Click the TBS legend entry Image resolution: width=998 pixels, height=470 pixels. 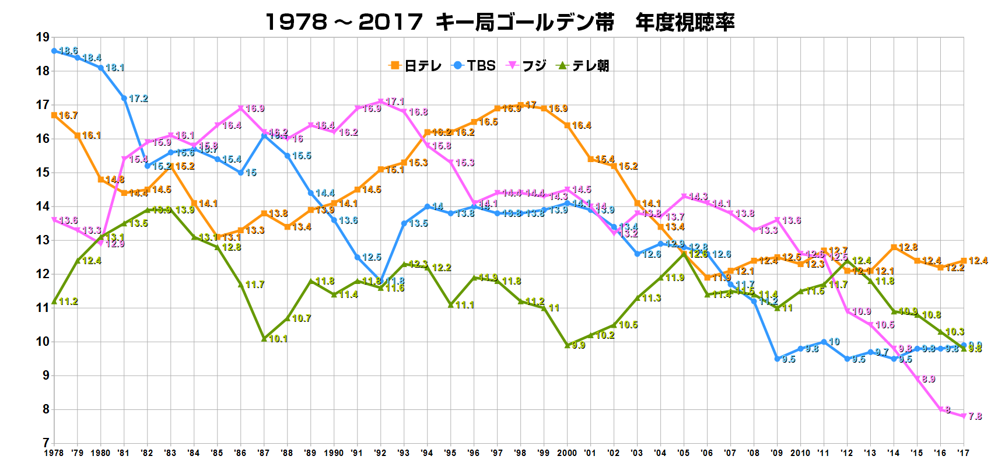tap(474, 66)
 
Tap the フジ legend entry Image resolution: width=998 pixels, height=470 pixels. tap(527, 66)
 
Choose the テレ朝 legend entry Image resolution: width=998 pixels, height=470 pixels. tap(584, 66)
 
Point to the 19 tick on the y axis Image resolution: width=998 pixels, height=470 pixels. tap(43, 37)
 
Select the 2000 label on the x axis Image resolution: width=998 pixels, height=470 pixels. tap(567, 453)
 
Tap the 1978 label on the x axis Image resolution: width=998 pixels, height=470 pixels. tap(54, 453)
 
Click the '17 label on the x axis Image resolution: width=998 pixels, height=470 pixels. tap(963, 453)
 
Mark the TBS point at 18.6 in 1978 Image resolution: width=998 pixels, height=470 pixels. tap(54, 51)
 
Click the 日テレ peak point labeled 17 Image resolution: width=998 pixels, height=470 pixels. tap(520, 106)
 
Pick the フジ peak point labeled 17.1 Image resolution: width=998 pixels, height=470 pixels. tap(380, 101)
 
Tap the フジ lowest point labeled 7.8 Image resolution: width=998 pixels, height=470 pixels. tap(964, 416)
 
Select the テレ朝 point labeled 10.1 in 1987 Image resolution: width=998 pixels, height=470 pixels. tap(264, 339)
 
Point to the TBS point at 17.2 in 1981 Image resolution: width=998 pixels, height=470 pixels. tap(124, 98)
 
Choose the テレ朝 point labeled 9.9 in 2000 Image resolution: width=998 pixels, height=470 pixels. tap(567, 345)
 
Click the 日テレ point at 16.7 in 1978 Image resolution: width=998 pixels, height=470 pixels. tap(54, 115)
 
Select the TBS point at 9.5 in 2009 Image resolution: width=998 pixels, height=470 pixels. tap(777, 359)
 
